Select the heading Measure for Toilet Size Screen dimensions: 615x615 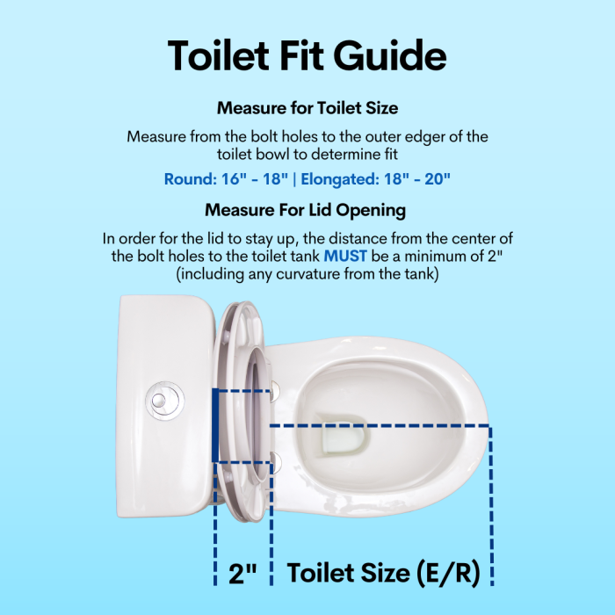(x=307, y=109)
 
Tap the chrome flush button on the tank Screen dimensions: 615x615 (x=162, y=399)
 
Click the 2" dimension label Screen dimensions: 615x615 (x=242, y=575)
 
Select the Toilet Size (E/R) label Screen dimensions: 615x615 (x=384, y=574)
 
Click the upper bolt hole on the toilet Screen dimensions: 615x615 (x=275, y=389)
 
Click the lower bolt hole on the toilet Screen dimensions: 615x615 (x=275, y=457)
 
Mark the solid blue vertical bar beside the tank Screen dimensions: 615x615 (x=215, y=425)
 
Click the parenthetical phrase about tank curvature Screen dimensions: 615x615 (x=307, y=274)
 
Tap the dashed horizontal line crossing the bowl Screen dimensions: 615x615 (x=378, y=426)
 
